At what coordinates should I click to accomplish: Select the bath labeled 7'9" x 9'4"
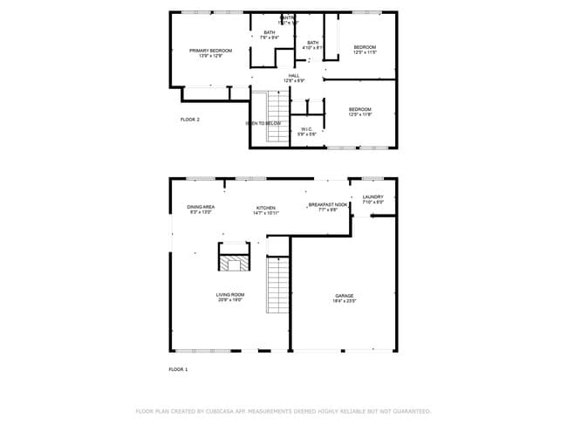click(270, 35)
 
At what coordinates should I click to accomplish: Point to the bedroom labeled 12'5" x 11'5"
click(365, 49)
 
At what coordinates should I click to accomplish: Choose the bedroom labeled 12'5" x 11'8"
click(360, 112)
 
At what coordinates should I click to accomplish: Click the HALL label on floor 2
click(294, 78)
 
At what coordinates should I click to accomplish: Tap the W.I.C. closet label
click(305, 131)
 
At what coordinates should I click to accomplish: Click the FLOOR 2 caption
click(190, 119)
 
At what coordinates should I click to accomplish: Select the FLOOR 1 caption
click(178, 369)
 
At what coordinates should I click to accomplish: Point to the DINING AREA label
click(201, 210)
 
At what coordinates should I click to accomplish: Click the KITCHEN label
click(265, 210)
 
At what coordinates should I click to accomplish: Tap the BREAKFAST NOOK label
click(327, 207)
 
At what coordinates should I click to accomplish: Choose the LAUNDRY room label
click(372, 199)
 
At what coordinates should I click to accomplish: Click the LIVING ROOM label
click(230, 297)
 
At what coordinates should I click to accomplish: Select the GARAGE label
click(345, 298)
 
